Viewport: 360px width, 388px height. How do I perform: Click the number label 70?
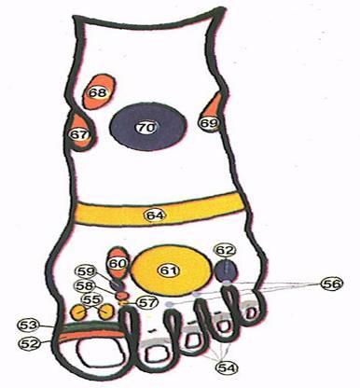(147, 127)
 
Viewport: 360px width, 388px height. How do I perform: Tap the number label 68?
(97, 92)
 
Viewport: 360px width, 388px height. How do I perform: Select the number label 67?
(79, 135)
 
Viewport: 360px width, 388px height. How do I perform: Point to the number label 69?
(209, 123)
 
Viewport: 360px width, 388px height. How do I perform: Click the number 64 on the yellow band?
(156, 215)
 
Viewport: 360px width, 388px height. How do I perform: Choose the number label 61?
(169, 270)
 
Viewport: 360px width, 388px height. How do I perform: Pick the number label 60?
(118, 264)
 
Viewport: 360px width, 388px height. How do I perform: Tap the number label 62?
(226, 250)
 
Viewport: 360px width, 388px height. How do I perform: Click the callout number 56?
(332, 284)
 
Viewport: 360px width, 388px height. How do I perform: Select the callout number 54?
(228, 367)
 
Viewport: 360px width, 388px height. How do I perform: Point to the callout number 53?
(28, 326)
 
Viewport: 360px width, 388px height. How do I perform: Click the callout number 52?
(30, 343)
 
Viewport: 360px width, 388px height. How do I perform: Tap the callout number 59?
(86, 271)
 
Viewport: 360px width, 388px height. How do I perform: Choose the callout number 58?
(85, 285)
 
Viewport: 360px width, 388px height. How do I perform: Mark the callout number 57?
(146, 302)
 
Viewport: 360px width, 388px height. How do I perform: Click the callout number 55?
(92, 299)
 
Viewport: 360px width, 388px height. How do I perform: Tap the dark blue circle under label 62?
(226, 270)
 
